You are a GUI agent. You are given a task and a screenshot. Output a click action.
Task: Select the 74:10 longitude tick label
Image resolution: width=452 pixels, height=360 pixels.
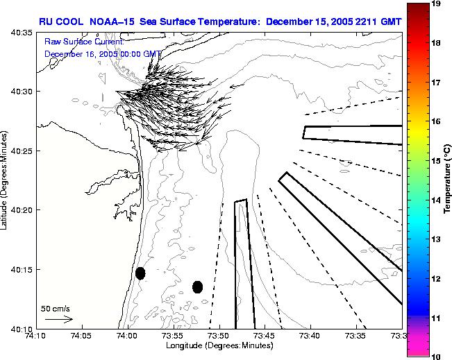35,336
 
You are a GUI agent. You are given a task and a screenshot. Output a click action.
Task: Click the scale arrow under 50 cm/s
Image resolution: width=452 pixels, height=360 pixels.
58,319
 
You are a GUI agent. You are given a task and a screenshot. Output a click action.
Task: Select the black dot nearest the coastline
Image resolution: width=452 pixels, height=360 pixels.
140,273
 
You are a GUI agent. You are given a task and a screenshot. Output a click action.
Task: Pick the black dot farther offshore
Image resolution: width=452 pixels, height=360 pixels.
197,286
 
